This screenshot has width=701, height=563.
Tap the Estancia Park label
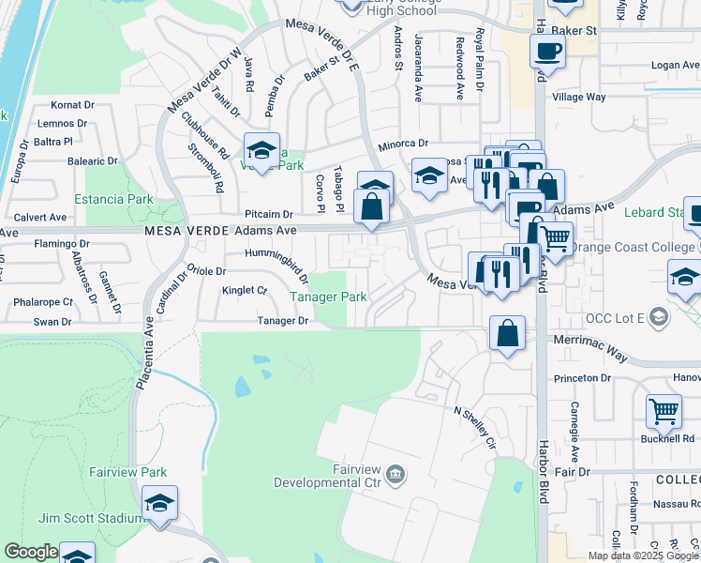[x=114, y=199]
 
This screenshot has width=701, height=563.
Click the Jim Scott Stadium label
[x=83, y=518]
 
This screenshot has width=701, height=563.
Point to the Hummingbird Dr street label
[x=276, y=266]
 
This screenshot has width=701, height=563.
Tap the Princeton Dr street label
[x=582, y=378]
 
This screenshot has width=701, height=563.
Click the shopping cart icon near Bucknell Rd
[x=664, y=409]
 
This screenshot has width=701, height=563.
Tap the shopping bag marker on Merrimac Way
[x=507, y=332]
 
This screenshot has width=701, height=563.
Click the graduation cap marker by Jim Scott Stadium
[x=160, y=504]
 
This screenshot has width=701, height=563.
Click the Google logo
[x=31, y=553]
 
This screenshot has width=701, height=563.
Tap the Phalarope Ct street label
[x=42, y=302]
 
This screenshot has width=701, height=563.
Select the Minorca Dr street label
[x=403, y=144]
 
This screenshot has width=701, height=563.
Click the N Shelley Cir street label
[x=473, y=426]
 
